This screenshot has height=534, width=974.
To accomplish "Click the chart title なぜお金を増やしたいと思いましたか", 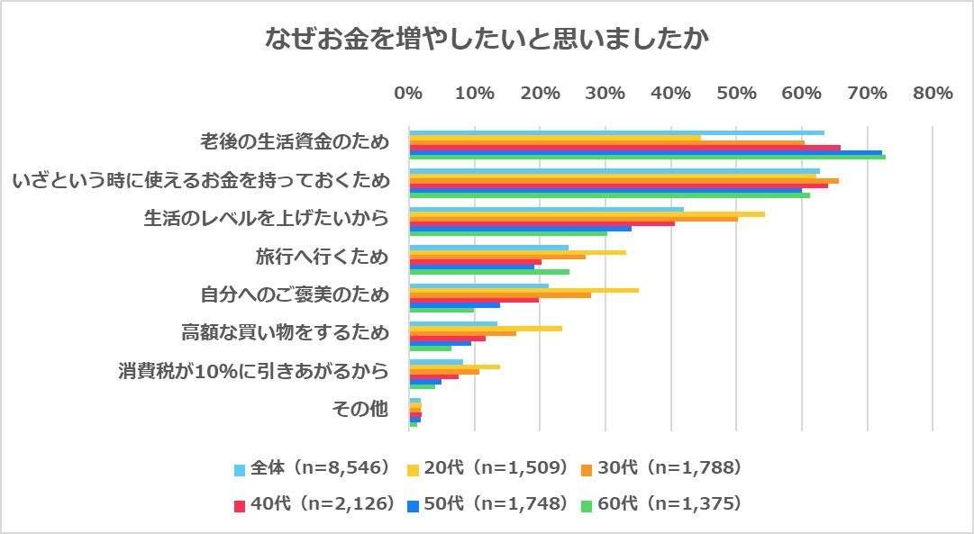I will (x=487, y=40).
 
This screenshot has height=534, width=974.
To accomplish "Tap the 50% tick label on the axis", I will (x=735, y=93).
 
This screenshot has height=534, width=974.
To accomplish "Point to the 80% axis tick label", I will (x=932, y=93).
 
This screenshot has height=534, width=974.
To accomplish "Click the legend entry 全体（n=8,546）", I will (x=312, y=468).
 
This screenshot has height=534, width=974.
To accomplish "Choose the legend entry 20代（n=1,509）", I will (x=487, y=468).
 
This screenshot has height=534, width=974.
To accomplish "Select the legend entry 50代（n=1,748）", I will (x=487, y=503).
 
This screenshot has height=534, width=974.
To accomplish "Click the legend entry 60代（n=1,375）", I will (x=663, y=503).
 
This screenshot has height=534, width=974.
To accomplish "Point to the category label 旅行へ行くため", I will (x=322, y=258).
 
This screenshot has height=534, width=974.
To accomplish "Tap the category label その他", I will (x=360, y=410).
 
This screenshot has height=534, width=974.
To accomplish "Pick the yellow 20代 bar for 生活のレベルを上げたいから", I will (x=587, y=214).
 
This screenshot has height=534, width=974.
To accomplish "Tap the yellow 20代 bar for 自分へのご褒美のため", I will (x=523, y=290).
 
